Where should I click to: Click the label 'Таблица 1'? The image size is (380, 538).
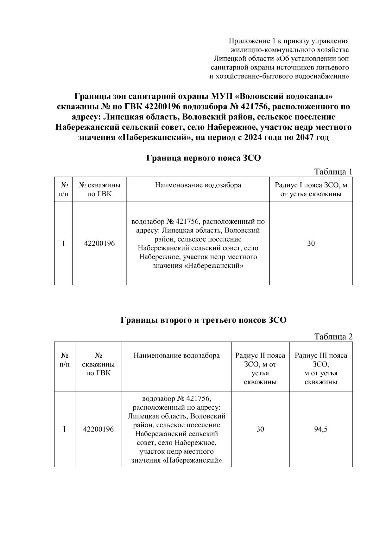pos(333,172)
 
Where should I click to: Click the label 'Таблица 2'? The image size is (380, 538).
pos(333,337)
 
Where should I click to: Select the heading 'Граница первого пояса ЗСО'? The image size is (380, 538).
pos(203,158)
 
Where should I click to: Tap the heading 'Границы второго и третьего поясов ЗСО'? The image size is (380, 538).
pos(203,320)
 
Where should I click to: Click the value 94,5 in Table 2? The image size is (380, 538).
pos(321,429)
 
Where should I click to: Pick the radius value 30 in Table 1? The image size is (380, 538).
pos(311,243)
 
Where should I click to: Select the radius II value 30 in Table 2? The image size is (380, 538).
pos(260,429)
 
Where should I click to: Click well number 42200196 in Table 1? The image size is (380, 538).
pos(99,243)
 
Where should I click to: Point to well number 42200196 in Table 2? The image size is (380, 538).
pos(98,429)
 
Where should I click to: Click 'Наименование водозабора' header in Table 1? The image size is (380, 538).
pos(198,185)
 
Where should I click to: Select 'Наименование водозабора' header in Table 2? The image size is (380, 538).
pos(176,355)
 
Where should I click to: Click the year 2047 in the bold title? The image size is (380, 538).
pos(305,138)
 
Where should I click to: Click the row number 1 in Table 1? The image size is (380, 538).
pos(63,243)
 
